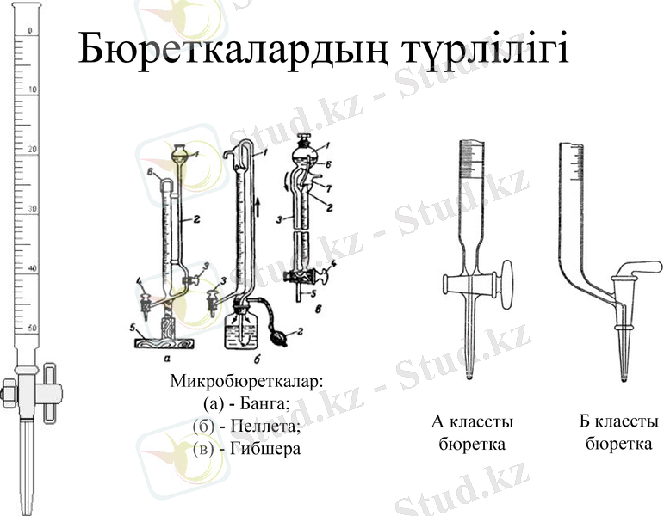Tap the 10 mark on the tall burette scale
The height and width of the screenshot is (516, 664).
pos(32,89)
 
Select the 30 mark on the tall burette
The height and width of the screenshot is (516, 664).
pos(32,209)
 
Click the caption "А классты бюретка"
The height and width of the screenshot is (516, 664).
pos(471,433)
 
